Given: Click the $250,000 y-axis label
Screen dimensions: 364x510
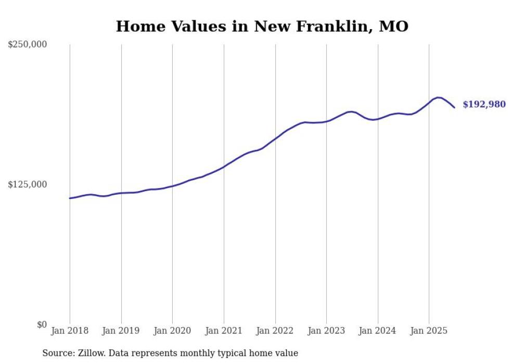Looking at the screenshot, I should (27, 45).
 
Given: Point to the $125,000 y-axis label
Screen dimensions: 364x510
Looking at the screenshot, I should (27, 185).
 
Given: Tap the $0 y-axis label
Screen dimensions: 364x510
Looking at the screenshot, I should (42, 324).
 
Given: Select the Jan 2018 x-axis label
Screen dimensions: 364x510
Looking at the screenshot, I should (70, 331).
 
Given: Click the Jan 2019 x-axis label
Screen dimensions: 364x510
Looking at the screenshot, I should (121, 331).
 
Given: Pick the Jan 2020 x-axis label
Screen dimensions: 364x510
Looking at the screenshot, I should (172, 331).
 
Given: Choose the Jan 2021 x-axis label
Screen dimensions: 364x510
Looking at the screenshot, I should (224, 331).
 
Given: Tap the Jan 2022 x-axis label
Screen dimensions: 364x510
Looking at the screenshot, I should (275, 331).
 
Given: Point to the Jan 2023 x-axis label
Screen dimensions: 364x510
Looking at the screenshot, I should (326, 331).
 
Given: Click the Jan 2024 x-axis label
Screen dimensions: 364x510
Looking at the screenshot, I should (378, 331).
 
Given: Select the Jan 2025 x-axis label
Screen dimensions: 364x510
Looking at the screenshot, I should (429, 331).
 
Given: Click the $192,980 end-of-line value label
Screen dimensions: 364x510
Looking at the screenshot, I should (484, 105).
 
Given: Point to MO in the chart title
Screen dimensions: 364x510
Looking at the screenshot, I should (394, 27).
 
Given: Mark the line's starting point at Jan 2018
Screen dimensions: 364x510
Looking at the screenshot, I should (70, 198).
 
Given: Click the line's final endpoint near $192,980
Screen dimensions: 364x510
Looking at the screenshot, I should (454, 107).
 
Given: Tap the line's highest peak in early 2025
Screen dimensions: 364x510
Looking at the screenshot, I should (438, 97).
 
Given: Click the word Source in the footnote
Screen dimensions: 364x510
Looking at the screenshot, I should (56, 353).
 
